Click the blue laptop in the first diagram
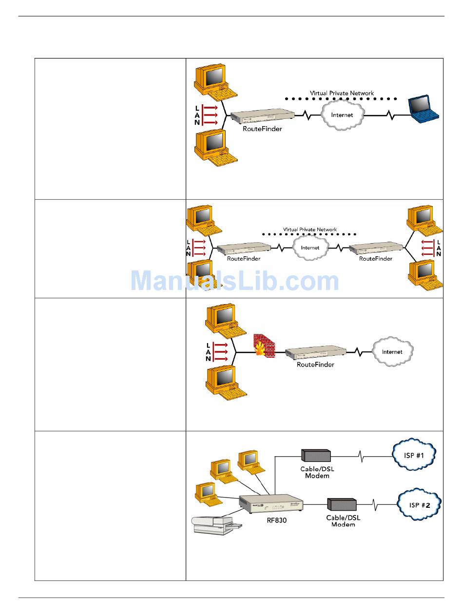coord(423,109)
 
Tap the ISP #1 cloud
coord(413,455)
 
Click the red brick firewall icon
coord(264,346)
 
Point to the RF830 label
coord(276,520)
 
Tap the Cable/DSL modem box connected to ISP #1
coord(315,455)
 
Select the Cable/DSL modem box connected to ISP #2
coord(342,504)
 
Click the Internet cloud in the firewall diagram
coord(392,351)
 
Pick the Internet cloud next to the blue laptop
coord(342,115)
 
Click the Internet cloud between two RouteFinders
coord(310,247)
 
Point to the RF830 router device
coord(270,503)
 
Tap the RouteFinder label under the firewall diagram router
coord(315,365)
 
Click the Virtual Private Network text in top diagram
coord(342,93)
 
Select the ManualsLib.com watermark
coord(235,280)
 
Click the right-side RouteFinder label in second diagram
coord(375,258)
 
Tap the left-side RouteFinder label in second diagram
coord(243,258)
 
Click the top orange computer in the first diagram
coord(215,82)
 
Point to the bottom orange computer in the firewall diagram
coord(226,383)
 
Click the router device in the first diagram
coord(262,115)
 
